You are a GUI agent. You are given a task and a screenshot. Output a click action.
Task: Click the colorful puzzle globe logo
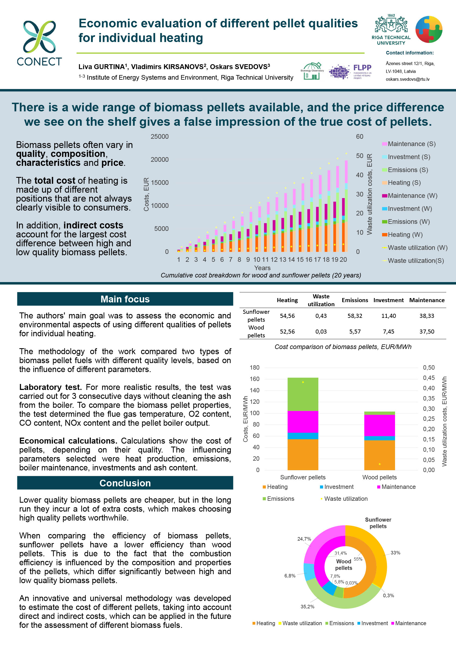(x=429, y=30)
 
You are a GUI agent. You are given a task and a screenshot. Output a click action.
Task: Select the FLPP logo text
(x=362, y=68)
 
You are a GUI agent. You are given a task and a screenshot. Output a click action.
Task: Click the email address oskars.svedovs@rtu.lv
(x=407, y=79)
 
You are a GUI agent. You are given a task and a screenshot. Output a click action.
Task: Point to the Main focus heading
(x=125, y=299)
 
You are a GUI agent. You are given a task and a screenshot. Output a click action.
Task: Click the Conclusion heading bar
(x=125, y=483)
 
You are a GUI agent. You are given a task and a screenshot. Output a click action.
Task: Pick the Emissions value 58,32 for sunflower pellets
(x=355, y=316)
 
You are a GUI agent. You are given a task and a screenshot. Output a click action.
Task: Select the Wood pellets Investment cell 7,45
(x=388, y=332)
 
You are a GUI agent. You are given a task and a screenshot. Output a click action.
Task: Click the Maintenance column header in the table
(x=427, y=300)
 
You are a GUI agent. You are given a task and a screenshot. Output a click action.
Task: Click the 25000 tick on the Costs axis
(x=160, y=137)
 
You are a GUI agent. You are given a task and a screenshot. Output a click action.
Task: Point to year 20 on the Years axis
(x=343, y=260)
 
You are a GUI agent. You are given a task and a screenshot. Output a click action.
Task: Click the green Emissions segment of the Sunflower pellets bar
(x=303, y=395)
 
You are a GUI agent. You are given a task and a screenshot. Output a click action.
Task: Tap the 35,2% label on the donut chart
(x=307, y=607)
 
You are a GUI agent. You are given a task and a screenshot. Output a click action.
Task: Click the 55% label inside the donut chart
(x=358, y=559)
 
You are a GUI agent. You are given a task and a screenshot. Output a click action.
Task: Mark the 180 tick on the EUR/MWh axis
(x=255, y=368)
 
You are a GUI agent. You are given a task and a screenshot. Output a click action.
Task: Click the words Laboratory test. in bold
(x=50, y=387)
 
